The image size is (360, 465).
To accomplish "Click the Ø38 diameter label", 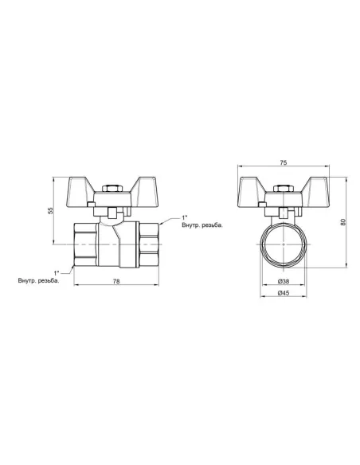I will tap(283, 282).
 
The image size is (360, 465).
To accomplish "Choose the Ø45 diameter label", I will tap(283, 294).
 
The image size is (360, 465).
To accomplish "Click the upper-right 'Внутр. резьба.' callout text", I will tap(202, 225).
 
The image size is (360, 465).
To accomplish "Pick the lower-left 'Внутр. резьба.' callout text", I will tap(38, 280).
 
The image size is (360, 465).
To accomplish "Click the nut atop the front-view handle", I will tap(283, 188).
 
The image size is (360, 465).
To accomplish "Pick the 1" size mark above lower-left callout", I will tap(57, 272).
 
